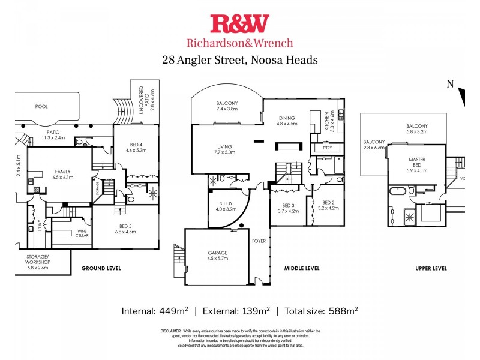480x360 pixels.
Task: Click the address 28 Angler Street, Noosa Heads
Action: (x=240, y=60)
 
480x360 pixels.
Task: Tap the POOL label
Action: (x=41, y=106)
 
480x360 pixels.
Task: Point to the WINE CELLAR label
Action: (x=82, y=233)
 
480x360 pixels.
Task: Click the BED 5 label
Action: (x=127, y=226)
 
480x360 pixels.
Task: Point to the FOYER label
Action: (x=259, y=241)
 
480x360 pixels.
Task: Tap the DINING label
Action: (x=287, y=118)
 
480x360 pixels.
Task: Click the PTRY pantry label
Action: (x=328, y=147)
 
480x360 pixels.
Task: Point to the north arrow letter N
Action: (x=450, y=84)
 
